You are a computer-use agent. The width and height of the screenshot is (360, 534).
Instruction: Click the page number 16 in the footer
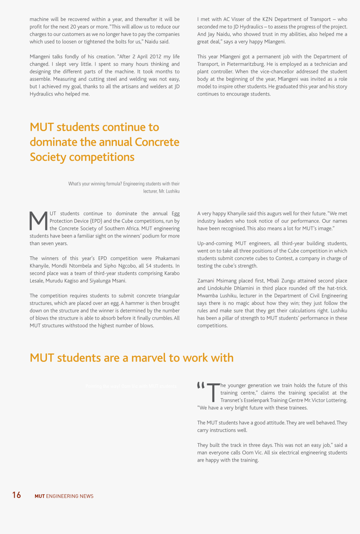pyautogui.click(x=16, y=495)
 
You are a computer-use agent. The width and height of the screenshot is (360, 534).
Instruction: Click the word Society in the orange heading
pyautogui.click(x=48, y=157)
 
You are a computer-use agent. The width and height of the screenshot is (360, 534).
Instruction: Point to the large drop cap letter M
pyautogui.click(x=39, y=221)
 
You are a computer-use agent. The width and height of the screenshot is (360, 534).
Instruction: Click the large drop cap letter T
pyautogui.click(x=213, y=392)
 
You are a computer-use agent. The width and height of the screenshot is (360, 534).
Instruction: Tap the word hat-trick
pyautogui.click(x=336, y=288)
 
